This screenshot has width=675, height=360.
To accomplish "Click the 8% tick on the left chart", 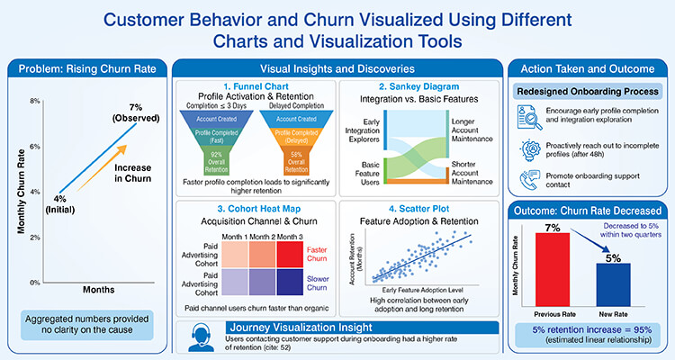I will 34,101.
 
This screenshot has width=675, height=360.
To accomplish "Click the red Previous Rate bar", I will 553,257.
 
